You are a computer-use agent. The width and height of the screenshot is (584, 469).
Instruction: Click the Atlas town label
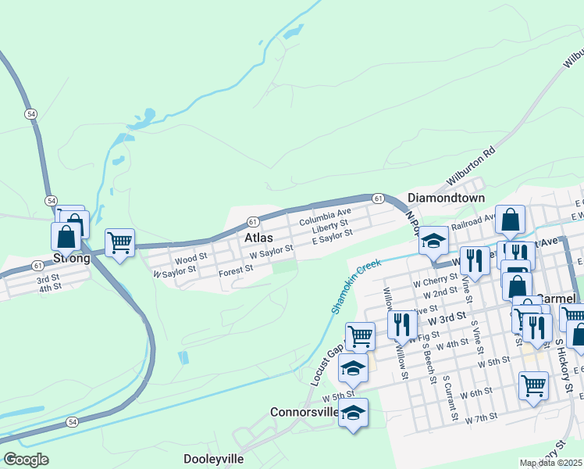pos(259,237)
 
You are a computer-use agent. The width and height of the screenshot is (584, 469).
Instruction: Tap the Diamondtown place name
pos(447,199)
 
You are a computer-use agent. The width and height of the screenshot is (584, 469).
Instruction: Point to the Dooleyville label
pos(214,459)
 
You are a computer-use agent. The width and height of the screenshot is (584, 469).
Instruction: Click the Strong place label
pos(72,258)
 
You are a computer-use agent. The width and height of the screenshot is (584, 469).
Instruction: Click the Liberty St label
pos(329,226)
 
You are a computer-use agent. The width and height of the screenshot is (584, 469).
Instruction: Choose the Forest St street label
pos(236,270)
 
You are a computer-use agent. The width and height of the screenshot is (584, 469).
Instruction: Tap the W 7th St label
pos(481,419)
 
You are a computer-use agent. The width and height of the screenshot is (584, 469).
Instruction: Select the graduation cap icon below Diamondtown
pos(433,242)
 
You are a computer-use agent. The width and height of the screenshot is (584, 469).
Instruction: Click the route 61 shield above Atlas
pos(253,222)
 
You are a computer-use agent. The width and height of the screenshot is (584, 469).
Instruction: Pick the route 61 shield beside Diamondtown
pos(378,199)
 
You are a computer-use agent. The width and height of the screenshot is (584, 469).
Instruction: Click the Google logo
pos(26,460)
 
